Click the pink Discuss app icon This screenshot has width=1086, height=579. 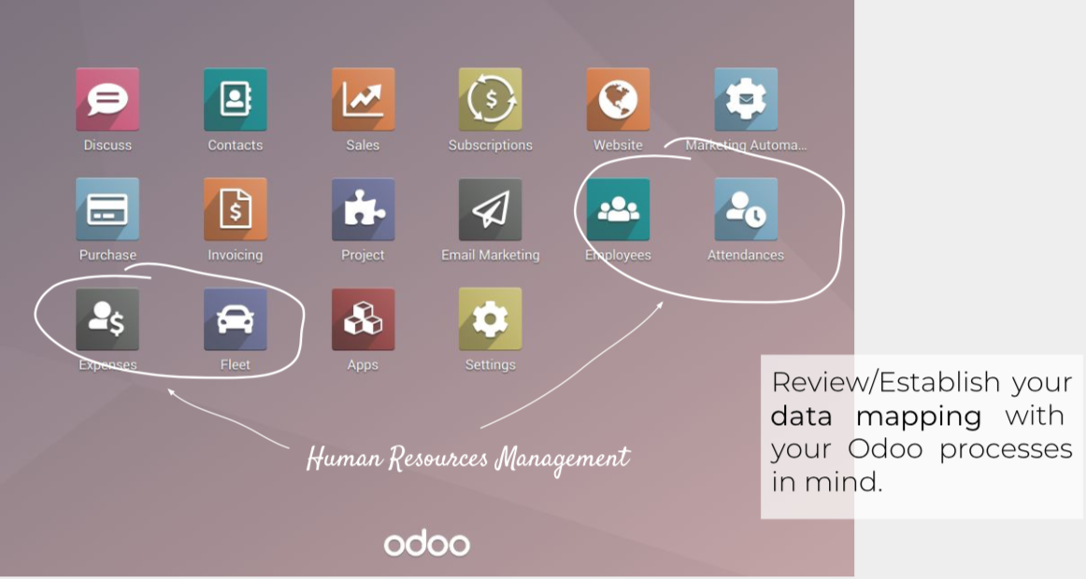107,99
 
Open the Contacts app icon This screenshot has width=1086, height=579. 236,99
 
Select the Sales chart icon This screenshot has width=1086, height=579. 363,99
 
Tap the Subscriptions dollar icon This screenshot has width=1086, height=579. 491,99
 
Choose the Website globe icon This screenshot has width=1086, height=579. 618,99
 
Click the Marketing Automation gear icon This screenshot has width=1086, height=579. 746,99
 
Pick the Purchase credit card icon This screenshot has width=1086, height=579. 107,209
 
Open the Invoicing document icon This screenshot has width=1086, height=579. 236,209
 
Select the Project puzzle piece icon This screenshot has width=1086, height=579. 363,209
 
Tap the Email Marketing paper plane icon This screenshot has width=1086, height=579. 491,209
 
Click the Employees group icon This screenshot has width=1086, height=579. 618,209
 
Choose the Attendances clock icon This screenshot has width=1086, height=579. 746,209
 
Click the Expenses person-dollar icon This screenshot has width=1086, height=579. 107,318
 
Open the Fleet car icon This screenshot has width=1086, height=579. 236,318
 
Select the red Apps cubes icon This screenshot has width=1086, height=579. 363,318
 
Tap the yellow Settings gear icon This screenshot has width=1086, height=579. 491,318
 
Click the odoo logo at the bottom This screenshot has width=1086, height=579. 426,543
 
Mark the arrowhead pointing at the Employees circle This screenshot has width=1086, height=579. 660,304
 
